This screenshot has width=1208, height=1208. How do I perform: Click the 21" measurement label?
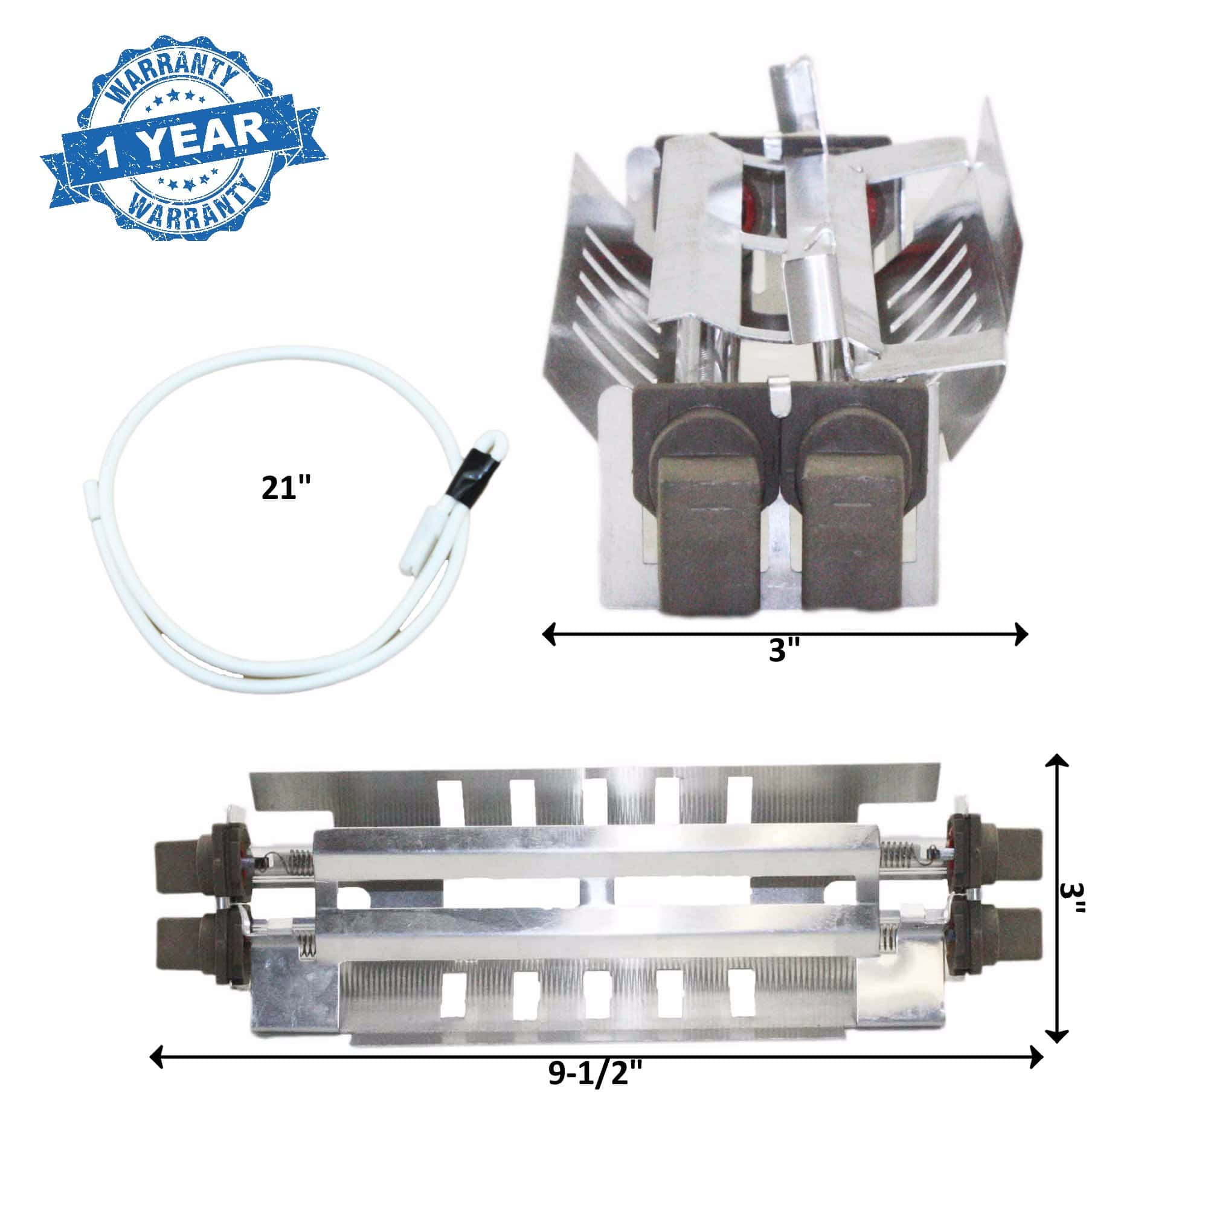tap(286, 487)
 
